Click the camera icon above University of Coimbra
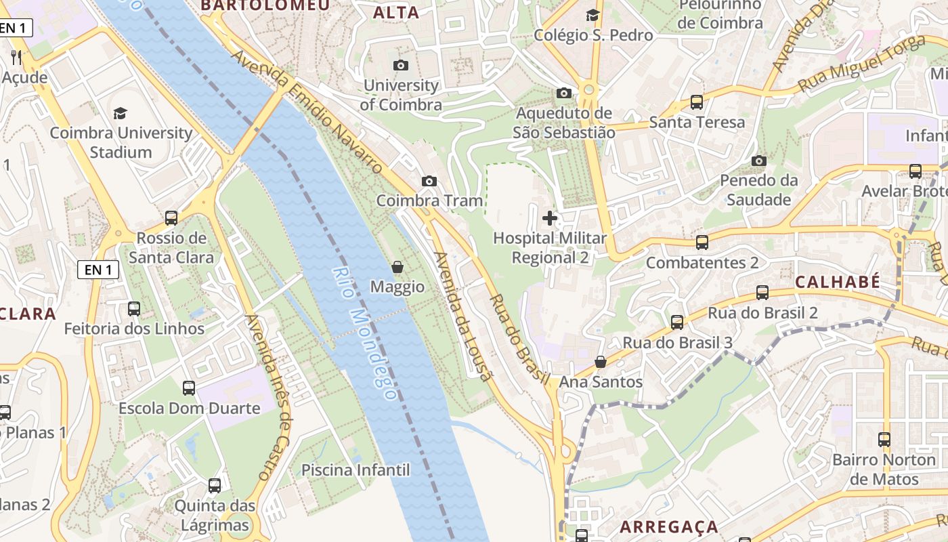401,65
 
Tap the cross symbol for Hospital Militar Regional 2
550,218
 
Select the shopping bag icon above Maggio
397,267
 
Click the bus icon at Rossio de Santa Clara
171,218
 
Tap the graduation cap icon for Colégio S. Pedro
593,15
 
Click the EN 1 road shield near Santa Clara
98,270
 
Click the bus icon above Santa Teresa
696,102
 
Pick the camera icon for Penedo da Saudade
759,161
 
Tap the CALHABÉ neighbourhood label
838,282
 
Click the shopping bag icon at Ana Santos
600,362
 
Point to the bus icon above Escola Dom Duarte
189,388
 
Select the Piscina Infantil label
355,470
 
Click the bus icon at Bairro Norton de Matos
884,440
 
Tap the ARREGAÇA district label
669,526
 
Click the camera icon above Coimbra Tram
429,181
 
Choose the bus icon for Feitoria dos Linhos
134,309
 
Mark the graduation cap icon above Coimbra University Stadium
121,113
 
